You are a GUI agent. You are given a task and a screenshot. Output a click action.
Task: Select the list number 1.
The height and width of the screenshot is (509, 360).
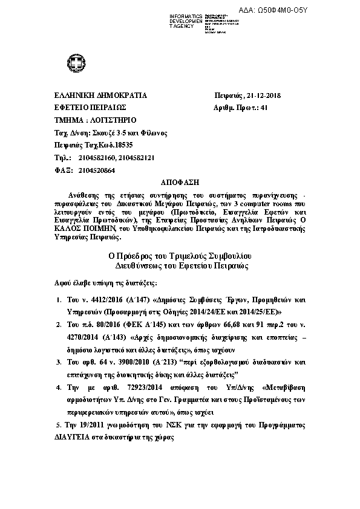click(x=58, y=299)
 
